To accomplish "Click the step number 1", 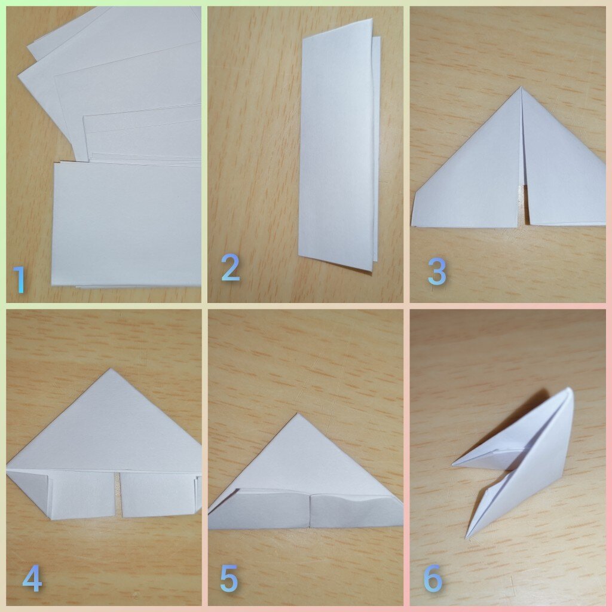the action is [x=19, y=280].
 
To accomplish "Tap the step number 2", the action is [x=230, y=267].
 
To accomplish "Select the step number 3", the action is [x=437, y=272].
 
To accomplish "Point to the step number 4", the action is [x=32, y=578].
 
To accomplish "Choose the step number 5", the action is [x=229, y=578].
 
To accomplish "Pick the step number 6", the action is [x=433, y=578].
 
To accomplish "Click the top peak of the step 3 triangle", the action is [x=521, y=87].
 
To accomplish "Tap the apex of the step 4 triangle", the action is [x=111, y=369].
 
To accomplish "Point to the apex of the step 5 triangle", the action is [x=298, y=414].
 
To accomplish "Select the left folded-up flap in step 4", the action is [x=81, y=494].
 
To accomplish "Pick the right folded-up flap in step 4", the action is [x=158, y=494].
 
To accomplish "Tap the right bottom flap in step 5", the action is [x=355, y=510].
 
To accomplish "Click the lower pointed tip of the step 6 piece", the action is [x=466, y=537].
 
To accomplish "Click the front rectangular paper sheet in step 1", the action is [x=127, y=225].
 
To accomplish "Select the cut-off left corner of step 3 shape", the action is [x=415, y=207].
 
